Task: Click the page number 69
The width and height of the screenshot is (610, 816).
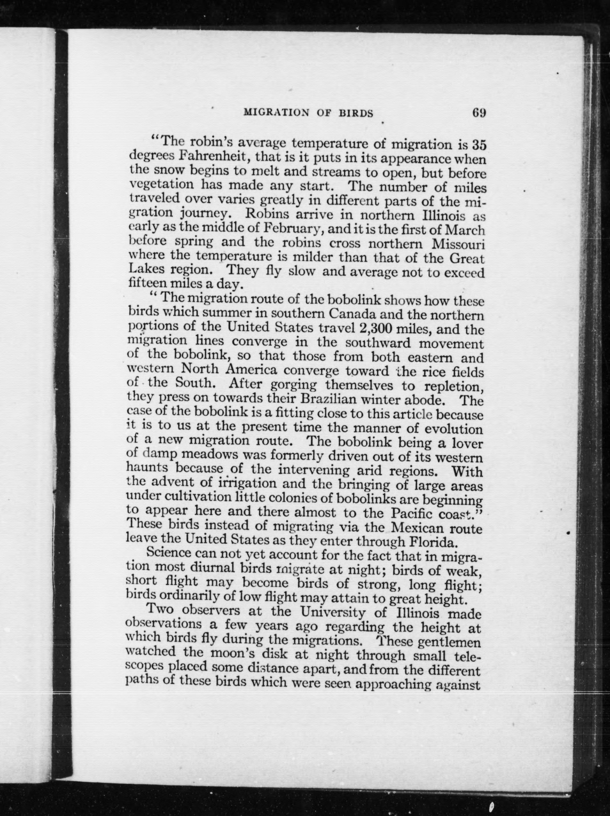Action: point(478,112)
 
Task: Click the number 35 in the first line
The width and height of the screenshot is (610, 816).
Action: point(479,145)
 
